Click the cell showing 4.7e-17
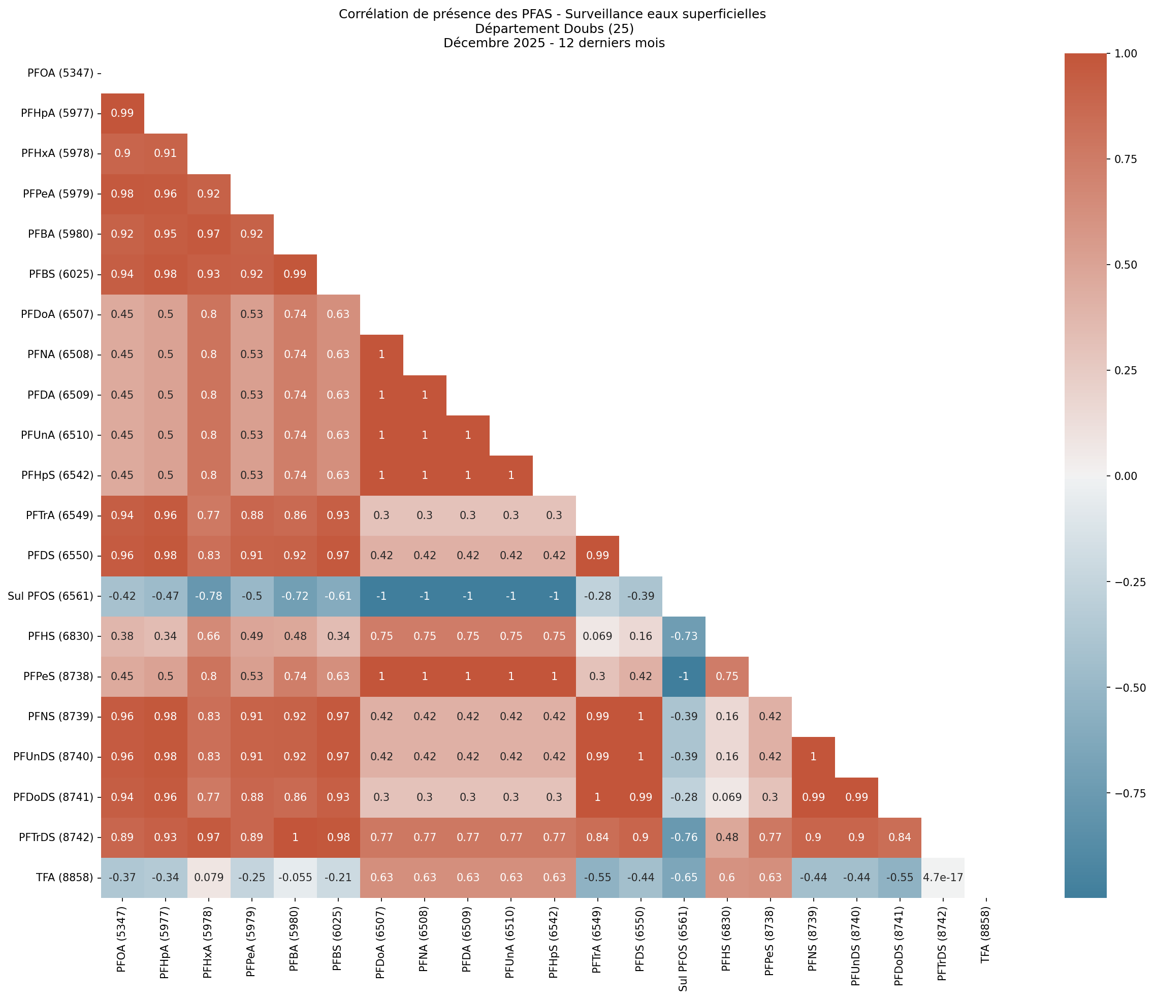coord(942,877)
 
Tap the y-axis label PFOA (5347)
coord(60,73)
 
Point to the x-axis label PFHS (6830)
coord(726,943)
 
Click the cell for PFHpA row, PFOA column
coord(122,113)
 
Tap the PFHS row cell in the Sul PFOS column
coord(684,636)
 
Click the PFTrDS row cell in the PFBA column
coord(295,837)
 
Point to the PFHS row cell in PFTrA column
coord(597,636)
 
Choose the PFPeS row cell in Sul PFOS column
coord(684,676)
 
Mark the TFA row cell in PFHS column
coord(726,877)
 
